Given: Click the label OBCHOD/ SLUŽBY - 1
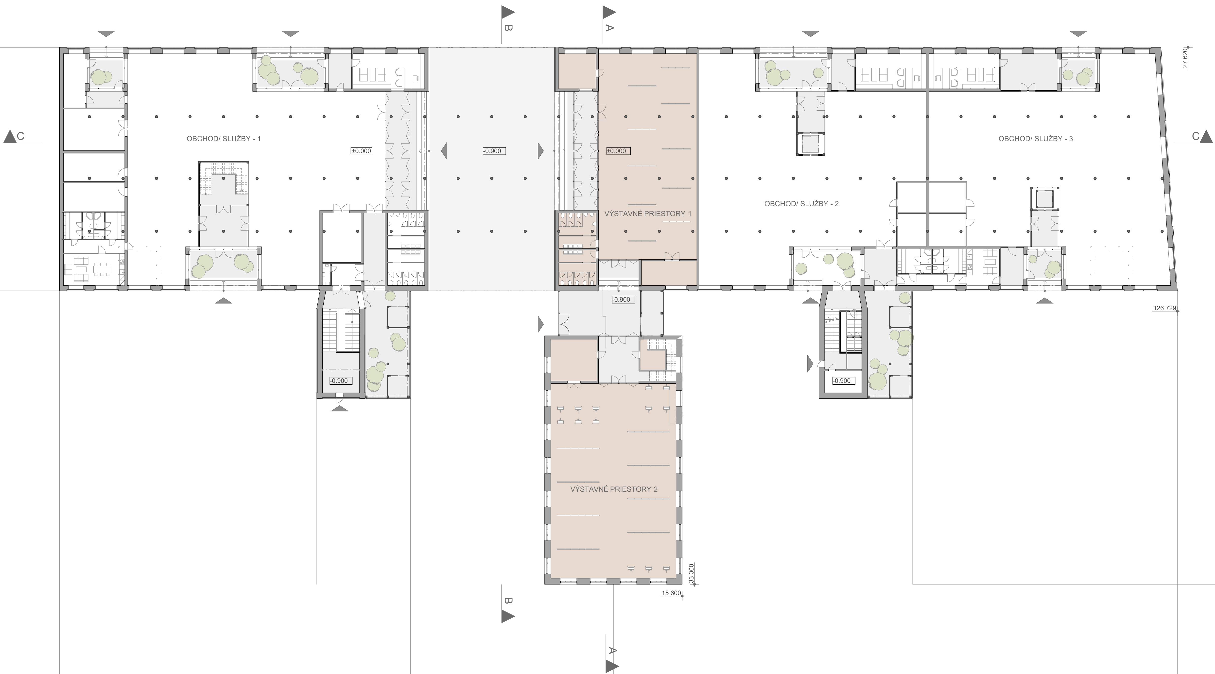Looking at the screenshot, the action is [224, 139].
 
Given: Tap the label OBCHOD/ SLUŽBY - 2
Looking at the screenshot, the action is [801, 204].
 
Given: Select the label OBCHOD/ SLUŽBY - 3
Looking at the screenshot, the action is [1036, 139].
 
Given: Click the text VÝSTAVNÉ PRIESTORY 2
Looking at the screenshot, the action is [614, 489].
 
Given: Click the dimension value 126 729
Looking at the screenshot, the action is [1164, 308].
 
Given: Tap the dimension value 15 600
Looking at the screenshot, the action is [671, 593].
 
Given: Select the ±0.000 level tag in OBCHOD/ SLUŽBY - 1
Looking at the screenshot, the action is [361, 151].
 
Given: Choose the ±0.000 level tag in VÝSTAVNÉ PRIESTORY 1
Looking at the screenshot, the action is [616, 151].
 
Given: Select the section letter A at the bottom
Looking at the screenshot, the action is [612, 651].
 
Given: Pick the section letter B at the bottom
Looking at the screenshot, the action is [507, 601].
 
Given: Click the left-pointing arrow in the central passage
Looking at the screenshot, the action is [444, 151].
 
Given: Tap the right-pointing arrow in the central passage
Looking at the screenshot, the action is [540, 151].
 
